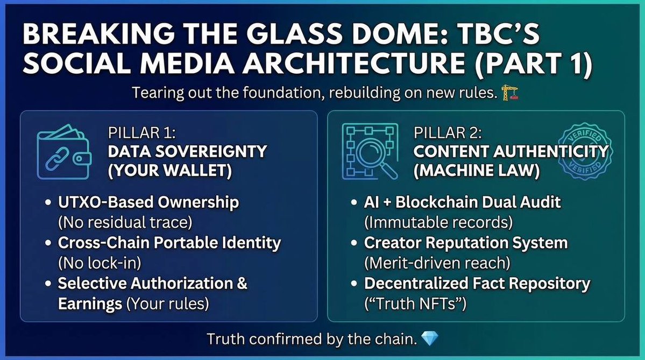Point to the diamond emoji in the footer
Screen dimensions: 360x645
pos(430,338)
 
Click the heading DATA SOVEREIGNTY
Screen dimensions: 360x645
pos(187,151)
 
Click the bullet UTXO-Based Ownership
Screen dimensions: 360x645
pos(148,202)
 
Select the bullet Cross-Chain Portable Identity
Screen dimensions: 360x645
pos(169,243)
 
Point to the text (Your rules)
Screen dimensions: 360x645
pos(167,303)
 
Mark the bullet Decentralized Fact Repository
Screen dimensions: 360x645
pos(477,284)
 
